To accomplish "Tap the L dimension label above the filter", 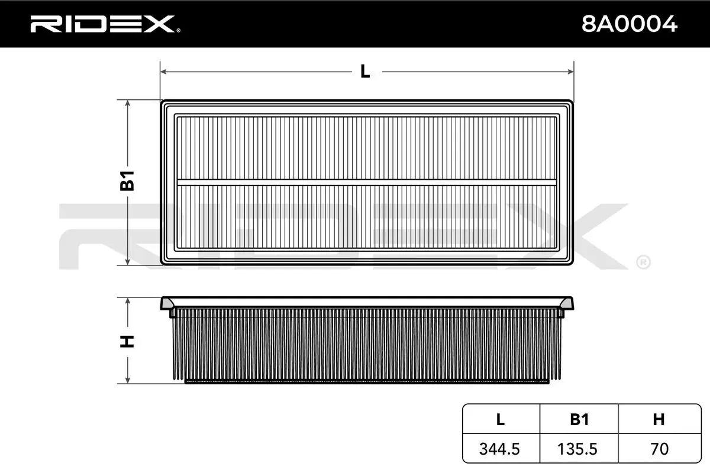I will pos(365,72).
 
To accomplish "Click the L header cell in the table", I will pos(501,419).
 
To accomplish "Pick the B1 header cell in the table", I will pos(579,419).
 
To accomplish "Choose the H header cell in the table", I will pos(659,419).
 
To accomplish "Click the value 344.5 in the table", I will pos(501,449).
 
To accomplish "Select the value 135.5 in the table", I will pos(579,449).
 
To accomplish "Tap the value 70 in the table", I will pos(659,449).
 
